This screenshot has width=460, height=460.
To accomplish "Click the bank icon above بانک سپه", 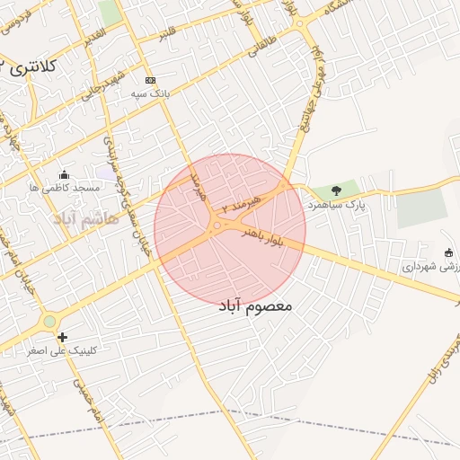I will tap(149, 80).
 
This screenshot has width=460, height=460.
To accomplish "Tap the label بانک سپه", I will tap(150, 93).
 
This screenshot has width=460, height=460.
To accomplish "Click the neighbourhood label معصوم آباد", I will tap(256, 306).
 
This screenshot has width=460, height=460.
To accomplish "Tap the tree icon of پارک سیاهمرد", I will tap(336, 190).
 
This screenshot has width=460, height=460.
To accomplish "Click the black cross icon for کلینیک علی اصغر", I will tap(61, 337).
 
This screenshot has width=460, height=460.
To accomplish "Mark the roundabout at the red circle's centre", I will tap(217, 226).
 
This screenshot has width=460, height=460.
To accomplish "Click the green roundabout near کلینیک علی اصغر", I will tap(49, 321).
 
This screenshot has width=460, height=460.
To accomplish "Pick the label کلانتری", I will tap(36, 66).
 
